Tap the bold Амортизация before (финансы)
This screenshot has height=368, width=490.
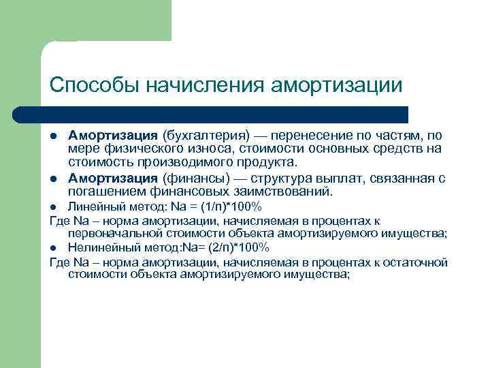pyautogui.click(x=113, y=179)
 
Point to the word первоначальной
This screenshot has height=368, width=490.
pyautogui.click(x=112, y=234)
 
